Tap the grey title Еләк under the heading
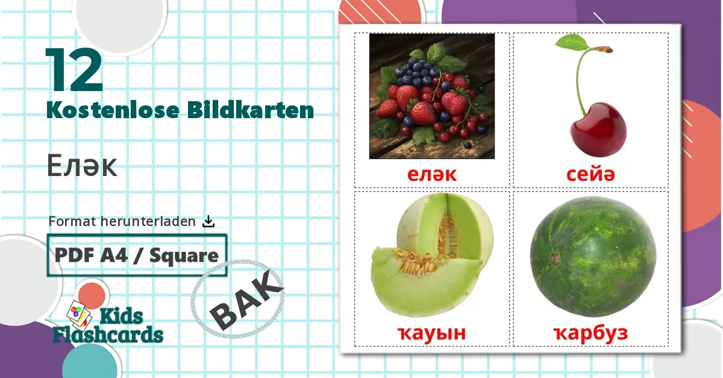point(81,167)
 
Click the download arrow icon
point(208,221)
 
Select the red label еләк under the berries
point(432,175)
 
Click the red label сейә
point(590,175)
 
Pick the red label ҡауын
point(433,332)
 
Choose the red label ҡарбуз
point(590,332)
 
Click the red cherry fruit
point(598,130)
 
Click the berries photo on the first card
point(432,96)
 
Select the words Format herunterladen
point(122,221)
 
